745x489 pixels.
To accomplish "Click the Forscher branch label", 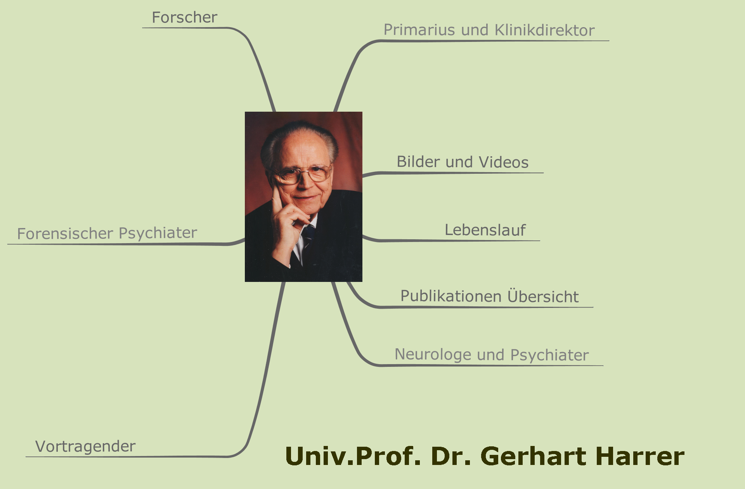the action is tap(184, 17).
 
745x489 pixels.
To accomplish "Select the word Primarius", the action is tap(419, 30).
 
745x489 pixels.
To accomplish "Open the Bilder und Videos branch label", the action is tap(463, 162).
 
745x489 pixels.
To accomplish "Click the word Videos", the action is tap(504, 162).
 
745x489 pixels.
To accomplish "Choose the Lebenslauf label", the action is tap(485, 230).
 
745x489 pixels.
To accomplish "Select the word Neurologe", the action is tap(433, 355).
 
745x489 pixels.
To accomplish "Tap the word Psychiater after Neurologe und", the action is tap(549, 355).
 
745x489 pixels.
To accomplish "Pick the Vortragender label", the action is tap(85, 446).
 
